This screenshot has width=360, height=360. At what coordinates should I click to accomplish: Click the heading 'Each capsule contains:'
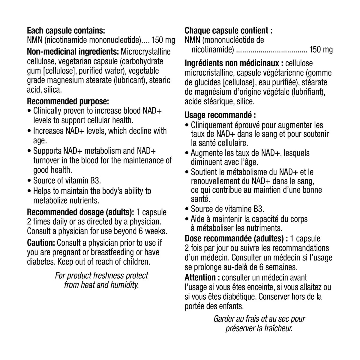click(66, 31)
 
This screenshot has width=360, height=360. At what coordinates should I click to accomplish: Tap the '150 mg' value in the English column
click(163, 40)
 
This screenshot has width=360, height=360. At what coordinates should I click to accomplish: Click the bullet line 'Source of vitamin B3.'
click(67, 181)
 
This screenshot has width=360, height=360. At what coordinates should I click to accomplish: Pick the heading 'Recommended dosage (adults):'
click(80, 212)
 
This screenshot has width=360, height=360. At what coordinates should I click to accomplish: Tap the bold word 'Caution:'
click(41, 242)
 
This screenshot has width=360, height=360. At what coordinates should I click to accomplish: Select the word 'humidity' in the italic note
click(124, 285)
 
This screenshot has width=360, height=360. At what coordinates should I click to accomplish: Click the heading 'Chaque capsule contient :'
click(229, 31)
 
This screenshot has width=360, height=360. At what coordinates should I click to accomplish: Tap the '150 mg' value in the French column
click(321, 49)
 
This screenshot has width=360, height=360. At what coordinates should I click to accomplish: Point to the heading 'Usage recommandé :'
click(220, 115)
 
